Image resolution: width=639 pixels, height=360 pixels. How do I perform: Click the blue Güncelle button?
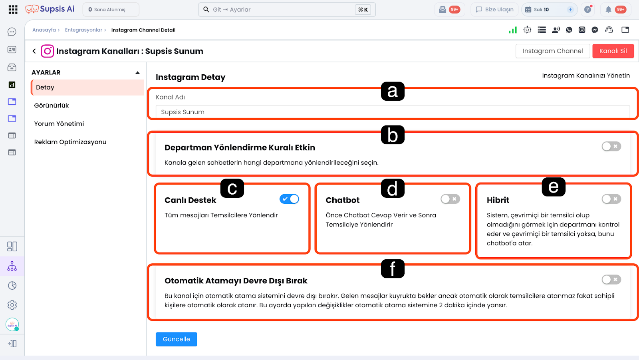176,339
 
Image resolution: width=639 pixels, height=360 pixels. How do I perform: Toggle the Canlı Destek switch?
289,199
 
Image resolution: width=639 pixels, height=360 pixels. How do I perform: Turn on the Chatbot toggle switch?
450,199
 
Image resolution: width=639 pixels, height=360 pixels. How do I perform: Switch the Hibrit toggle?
611,199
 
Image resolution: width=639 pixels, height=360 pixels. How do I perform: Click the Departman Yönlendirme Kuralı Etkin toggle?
611,146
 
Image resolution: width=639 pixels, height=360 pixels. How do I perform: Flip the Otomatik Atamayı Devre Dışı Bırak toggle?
611,280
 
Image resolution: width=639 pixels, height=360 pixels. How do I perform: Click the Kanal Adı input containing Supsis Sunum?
393,111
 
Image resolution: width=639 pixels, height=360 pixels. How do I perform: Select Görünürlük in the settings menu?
52,105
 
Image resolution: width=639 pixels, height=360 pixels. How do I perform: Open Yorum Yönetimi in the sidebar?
59,123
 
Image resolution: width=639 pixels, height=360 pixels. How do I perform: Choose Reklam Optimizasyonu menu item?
70,142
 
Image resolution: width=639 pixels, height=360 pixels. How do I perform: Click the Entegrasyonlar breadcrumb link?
83,30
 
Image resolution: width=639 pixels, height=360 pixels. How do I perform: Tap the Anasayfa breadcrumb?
44,30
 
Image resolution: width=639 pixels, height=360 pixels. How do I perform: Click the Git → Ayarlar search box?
287,10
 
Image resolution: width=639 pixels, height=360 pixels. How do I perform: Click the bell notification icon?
608,10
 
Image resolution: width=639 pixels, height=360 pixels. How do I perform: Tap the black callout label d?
393,188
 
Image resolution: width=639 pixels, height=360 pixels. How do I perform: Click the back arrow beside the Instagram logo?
34,51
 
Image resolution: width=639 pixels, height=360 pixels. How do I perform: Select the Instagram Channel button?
553,51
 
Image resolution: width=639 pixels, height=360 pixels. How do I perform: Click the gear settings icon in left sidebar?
12,305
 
